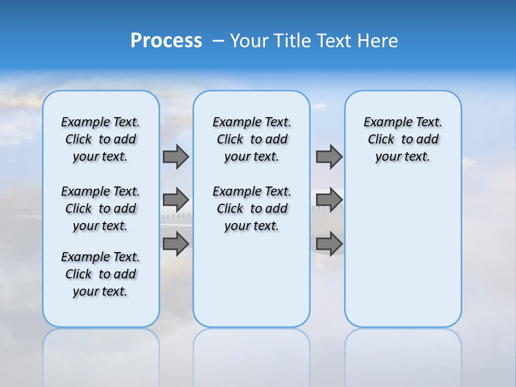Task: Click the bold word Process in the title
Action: coord(166,41)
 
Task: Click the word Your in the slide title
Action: coord(249,41)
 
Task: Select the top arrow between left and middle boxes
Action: coord(176,156)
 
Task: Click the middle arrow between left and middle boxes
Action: coord(176,200)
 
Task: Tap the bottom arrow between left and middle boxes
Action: coord(176,244)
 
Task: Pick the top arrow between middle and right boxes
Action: coord(329,156)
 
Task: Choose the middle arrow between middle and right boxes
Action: coord(329,200)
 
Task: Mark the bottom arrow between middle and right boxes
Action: coord(329,244)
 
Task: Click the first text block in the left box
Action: coord(101,139)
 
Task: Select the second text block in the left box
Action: coord(101,209)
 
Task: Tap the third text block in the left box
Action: coord(101,274)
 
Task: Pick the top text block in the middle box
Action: coord(252,139)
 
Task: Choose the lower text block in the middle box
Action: coord(252,209)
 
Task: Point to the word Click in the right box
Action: coord(381,140)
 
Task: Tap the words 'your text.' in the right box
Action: coord(403,157)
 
